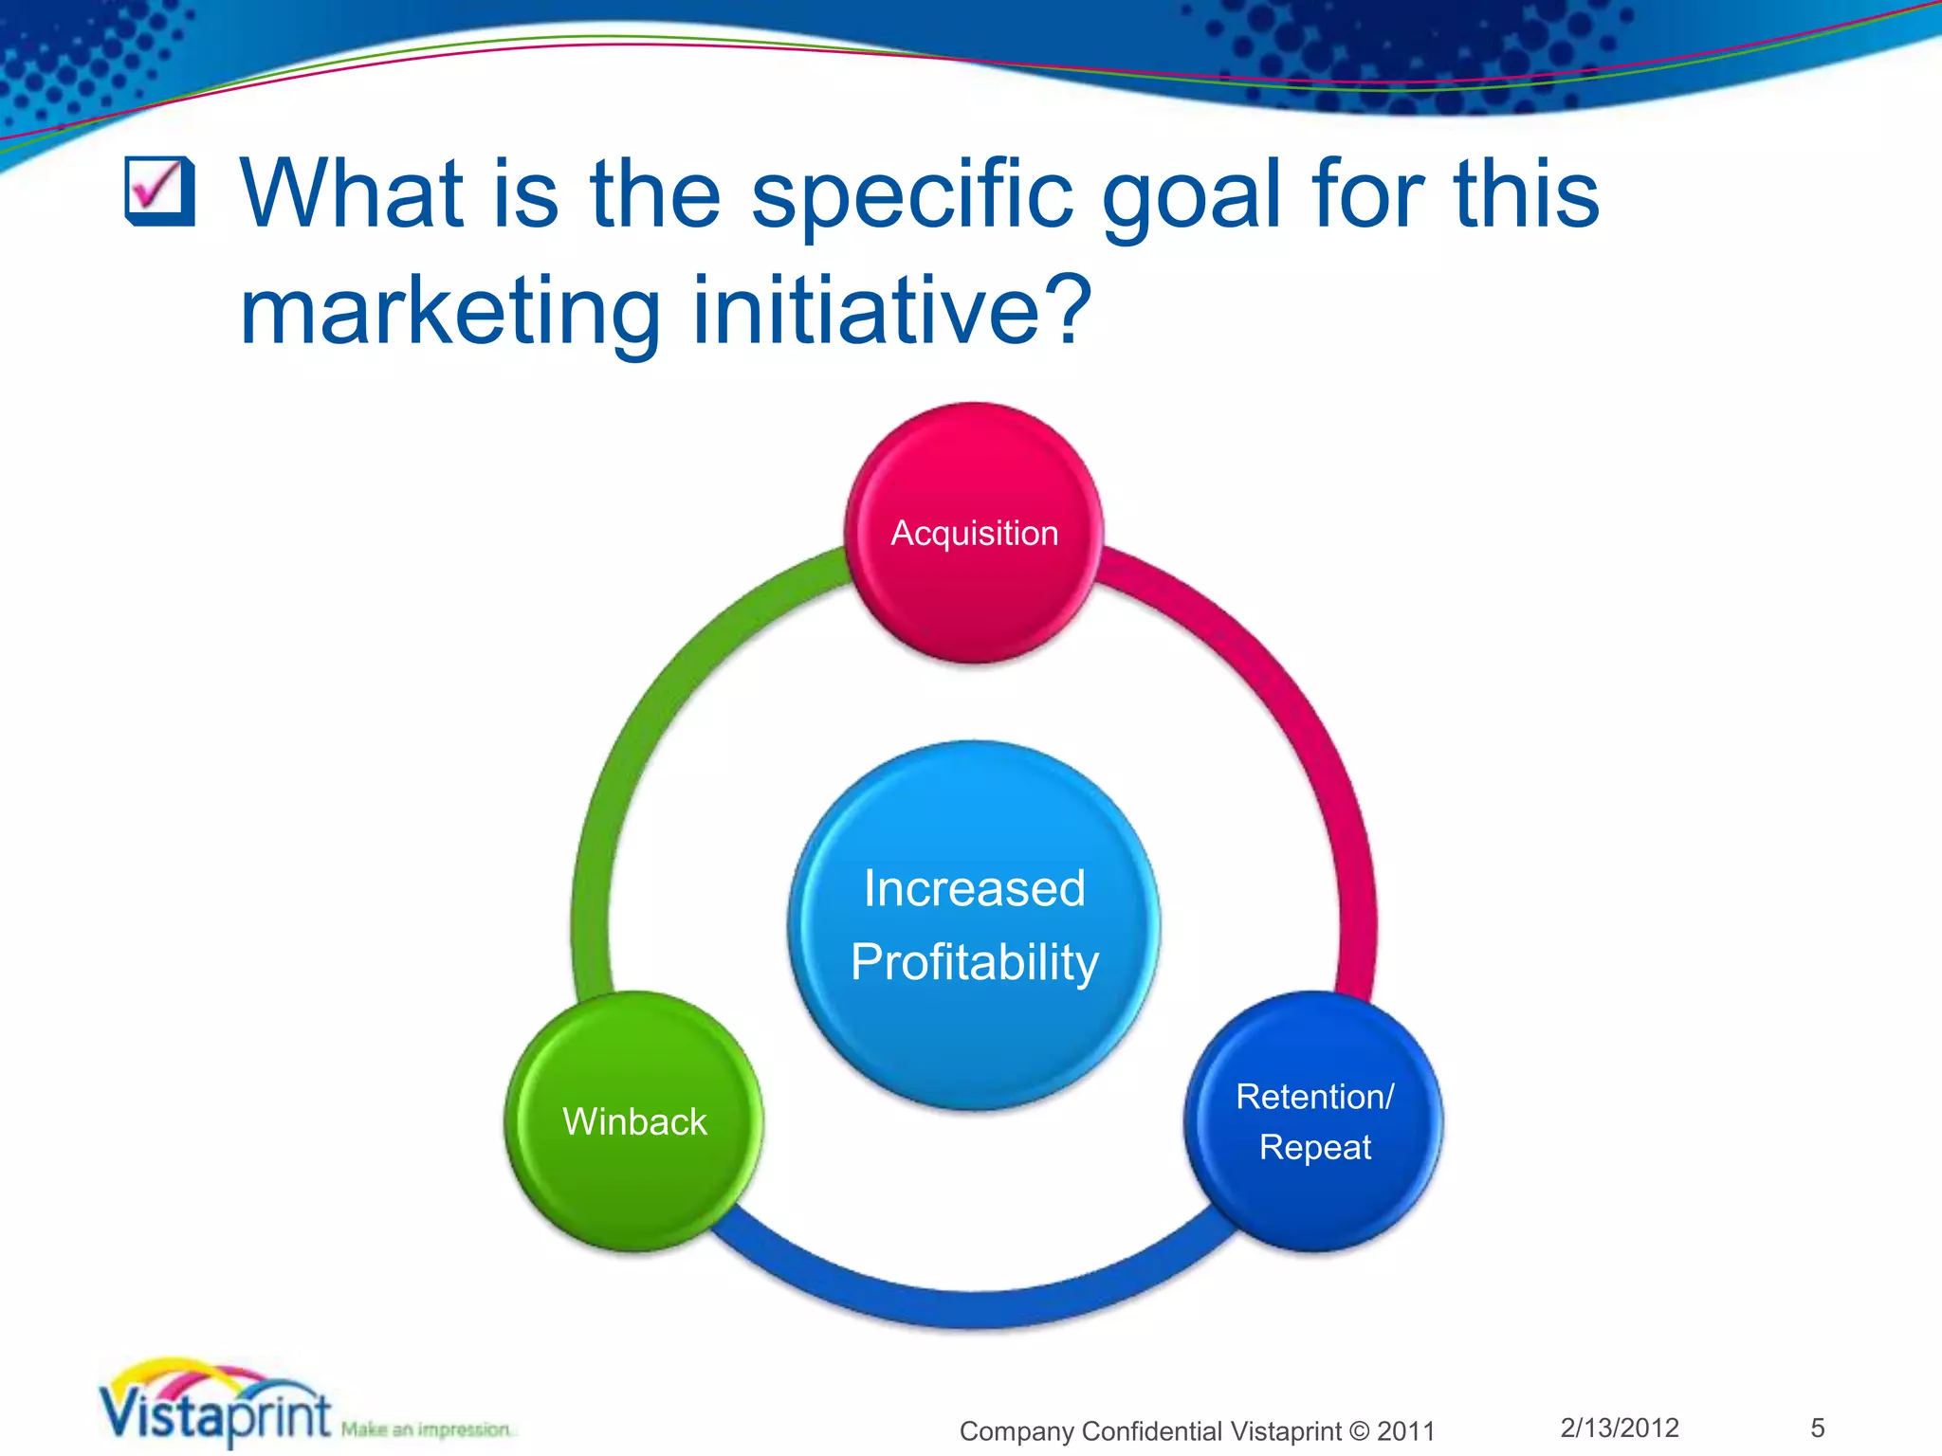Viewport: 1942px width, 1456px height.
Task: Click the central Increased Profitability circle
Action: tap(974, 924)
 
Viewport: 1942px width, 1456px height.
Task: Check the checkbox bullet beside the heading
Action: tap(159, 191)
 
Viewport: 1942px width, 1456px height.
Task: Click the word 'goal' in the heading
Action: tap(1191, 195)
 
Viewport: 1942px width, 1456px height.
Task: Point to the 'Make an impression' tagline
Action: tap(427, 1429)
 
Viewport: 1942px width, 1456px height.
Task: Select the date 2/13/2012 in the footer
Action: tap(1620, 1428)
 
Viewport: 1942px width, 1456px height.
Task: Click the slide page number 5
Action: tap(1818, 1428)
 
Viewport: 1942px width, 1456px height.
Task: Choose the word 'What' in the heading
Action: tap(351, 195)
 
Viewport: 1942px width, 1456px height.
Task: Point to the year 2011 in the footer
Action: tap(1406, 1431)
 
